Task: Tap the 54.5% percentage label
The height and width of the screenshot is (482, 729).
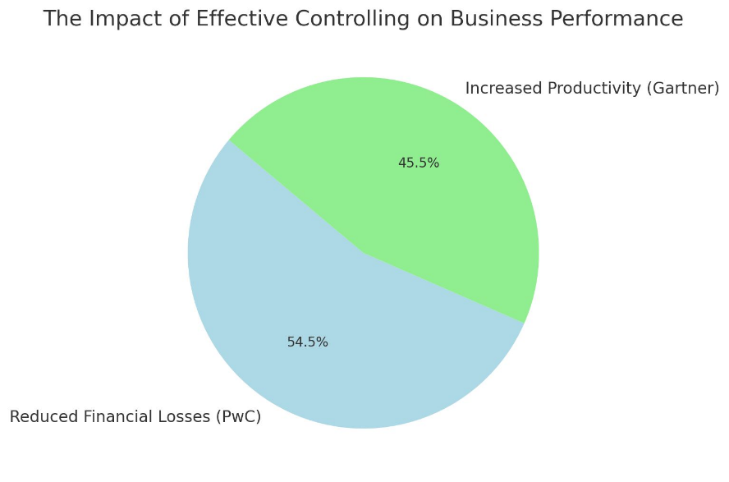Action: [308, 342]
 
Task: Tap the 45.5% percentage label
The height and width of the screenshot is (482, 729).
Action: [419, 163]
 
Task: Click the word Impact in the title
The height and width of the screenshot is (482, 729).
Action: [113, 19]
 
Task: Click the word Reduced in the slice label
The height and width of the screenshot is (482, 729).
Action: [37, 417]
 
